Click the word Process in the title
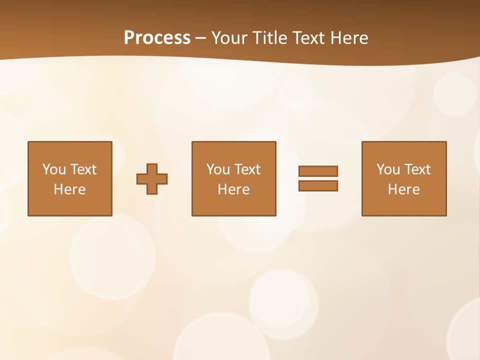[x=157, y=38]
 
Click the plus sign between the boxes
[x=152, y=179]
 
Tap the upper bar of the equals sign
[x=318, y=171]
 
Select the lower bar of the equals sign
[x=318, y=186]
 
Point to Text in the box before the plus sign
[x=82, y=169]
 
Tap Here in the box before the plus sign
[x=69, y=189]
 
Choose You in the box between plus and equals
[x=218, y=169]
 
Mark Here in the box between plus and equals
[x=233, y=189]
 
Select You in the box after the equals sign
[x=388, y=169]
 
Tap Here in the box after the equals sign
[x=403, y=189]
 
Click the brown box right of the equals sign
[x=404, y=205]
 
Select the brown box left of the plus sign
[x=70, y=205]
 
